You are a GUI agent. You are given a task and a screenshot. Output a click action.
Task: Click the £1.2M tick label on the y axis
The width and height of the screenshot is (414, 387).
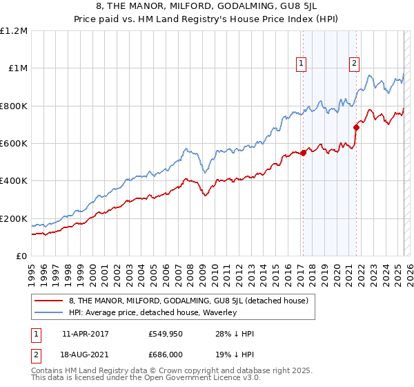click(14, 30)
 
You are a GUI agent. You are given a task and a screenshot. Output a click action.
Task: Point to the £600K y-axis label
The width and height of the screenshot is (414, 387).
click(14, 143)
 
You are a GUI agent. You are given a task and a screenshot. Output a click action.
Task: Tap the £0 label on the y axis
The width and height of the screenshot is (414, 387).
click(21, 256)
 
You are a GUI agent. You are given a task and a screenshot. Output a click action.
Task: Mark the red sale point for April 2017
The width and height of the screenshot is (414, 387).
click(303, 153)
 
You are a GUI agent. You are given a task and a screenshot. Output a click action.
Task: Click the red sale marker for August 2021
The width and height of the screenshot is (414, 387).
click(356, 127)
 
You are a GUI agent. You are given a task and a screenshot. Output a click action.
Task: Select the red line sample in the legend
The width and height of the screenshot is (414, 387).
click(48, 301)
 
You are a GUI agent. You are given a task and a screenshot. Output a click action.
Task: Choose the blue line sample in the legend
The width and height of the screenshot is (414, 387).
click(48, 312)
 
